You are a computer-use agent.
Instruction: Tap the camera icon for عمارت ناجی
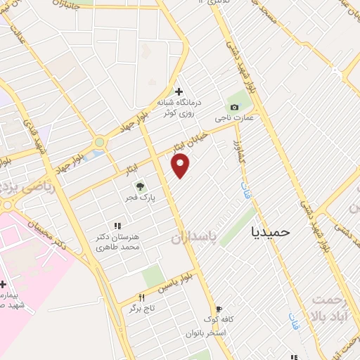tap(234, 107)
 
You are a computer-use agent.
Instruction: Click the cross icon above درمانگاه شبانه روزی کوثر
tap(179, 91)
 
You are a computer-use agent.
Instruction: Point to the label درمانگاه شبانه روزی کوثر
tap(179, 108)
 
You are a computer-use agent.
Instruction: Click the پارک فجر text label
tap(143, 198)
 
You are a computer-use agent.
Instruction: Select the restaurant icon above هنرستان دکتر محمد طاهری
tap(117, 226)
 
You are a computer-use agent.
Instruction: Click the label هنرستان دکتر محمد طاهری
tap(118, 242)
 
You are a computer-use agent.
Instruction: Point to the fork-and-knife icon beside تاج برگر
tap(141, 298)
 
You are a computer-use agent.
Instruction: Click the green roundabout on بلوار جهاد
tap(99, 142)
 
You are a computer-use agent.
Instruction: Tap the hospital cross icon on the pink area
tap(4, 284)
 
